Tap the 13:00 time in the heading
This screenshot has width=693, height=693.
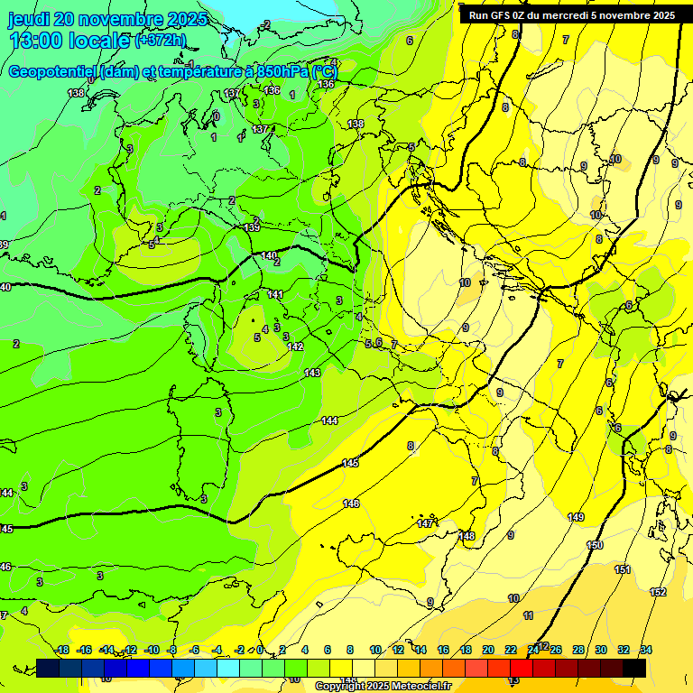[x=36, y=41]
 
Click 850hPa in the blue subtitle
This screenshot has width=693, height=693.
[x=284, y=71]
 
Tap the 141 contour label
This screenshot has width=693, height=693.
[x=275, y=295]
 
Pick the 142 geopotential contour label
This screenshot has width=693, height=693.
[x=295, y=347]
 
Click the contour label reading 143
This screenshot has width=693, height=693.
[x=312, y=373]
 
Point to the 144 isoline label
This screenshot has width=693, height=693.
[x=329, y=421]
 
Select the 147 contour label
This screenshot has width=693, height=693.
[x=424, y=524]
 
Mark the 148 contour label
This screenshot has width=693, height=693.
[x=467, y=537]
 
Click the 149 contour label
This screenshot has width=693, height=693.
[x=576, y=517]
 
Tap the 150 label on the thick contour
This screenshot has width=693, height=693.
[x=595, y=546]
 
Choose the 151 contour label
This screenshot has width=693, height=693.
[x=623, y=569]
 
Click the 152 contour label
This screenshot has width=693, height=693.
[x=658, y=592]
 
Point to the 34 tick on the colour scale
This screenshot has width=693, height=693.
[x=646, y=650]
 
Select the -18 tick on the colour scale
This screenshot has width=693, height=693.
[x=62, y=650]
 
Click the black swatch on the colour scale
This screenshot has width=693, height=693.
[x=634, y=667]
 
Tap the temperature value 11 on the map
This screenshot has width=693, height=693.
[x=529, y=615]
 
